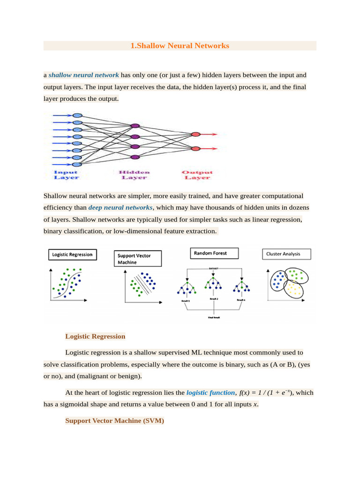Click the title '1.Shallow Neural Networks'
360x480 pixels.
180,46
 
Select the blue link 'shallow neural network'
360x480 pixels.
83,75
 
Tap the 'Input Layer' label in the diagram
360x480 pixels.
67,175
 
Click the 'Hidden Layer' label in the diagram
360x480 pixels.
135,175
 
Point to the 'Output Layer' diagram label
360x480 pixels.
197,175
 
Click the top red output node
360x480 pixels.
195,135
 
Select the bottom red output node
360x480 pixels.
195,149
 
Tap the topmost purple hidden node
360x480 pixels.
135,126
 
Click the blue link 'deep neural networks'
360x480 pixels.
120,207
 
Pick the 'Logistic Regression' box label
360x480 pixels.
73,255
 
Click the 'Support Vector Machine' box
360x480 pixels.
139,259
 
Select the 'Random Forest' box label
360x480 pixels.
210,253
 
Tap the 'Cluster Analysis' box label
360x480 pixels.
283,254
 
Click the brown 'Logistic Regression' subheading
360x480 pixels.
95,336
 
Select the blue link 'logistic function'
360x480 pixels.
210,393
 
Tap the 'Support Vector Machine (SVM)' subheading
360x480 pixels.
114,421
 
